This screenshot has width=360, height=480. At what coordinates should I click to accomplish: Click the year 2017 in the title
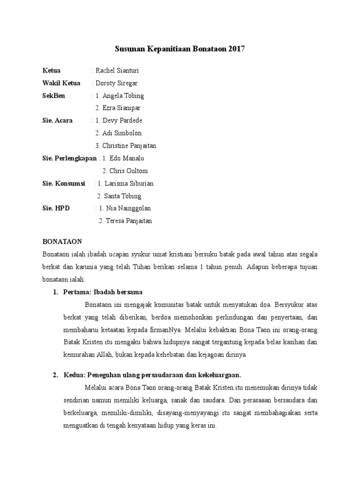coord(237,49)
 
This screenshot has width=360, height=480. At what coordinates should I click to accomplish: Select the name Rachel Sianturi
coord(117,70)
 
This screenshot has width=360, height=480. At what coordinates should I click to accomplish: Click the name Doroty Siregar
coord(117,83)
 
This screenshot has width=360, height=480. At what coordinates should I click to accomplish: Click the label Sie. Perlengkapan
coord(69,158)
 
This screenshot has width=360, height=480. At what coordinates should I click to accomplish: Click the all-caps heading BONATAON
coord(62,242)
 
